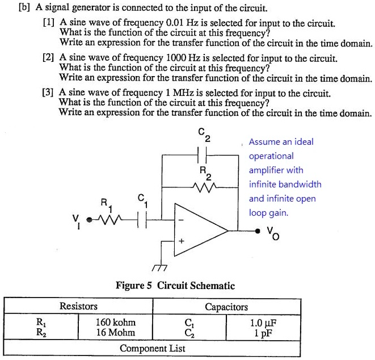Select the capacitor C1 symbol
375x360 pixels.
point(142,219)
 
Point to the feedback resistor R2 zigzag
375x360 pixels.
point(201,186)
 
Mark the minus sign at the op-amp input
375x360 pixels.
point(182,221)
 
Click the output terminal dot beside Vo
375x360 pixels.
point(258,231)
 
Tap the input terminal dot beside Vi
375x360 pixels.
point(89,219)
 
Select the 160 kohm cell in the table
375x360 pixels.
point(116,322)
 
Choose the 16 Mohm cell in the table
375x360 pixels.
point(116,332)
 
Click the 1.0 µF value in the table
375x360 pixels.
point(263,322)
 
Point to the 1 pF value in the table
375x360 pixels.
point(263,332)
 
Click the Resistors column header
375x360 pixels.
point(79,307)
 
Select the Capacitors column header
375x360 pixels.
point(226,307)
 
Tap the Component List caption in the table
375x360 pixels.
point(153,347)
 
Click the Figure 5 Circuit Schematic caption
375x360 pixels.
point(175,285)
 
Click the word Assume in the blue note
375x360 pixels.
point(265,142)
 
